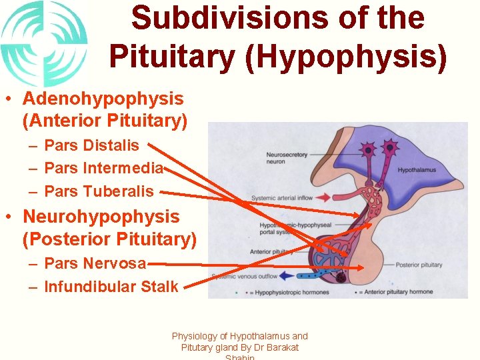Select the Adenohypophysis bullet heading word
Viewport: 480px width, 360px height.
103,99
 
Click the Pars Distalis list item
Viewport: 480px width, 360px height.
91,145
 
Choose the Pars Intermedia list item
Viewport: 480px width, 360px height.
103,168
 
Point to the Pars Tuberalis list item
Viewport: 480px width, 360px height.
99,191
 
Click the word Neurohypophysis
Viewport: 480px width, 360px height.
101,217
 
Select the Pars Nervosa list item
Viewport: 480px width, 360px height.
95,263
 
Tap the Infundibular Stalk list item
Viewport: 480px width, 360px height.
111,287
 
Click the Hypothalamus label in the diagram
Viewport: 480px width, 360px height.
417,170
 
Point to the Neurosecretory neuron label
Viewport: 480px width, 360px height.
287,158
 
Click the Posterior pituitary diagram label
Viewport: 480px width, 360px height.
419,265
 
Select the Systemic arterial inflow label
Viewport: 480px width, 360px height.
281,198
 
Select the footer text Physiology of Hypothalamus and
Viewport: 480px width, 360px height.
240,337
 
